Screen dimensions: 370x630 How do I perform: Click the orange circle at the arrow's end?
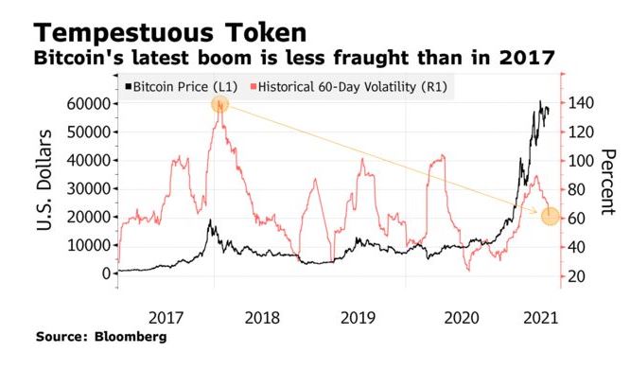pos(550,217)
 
